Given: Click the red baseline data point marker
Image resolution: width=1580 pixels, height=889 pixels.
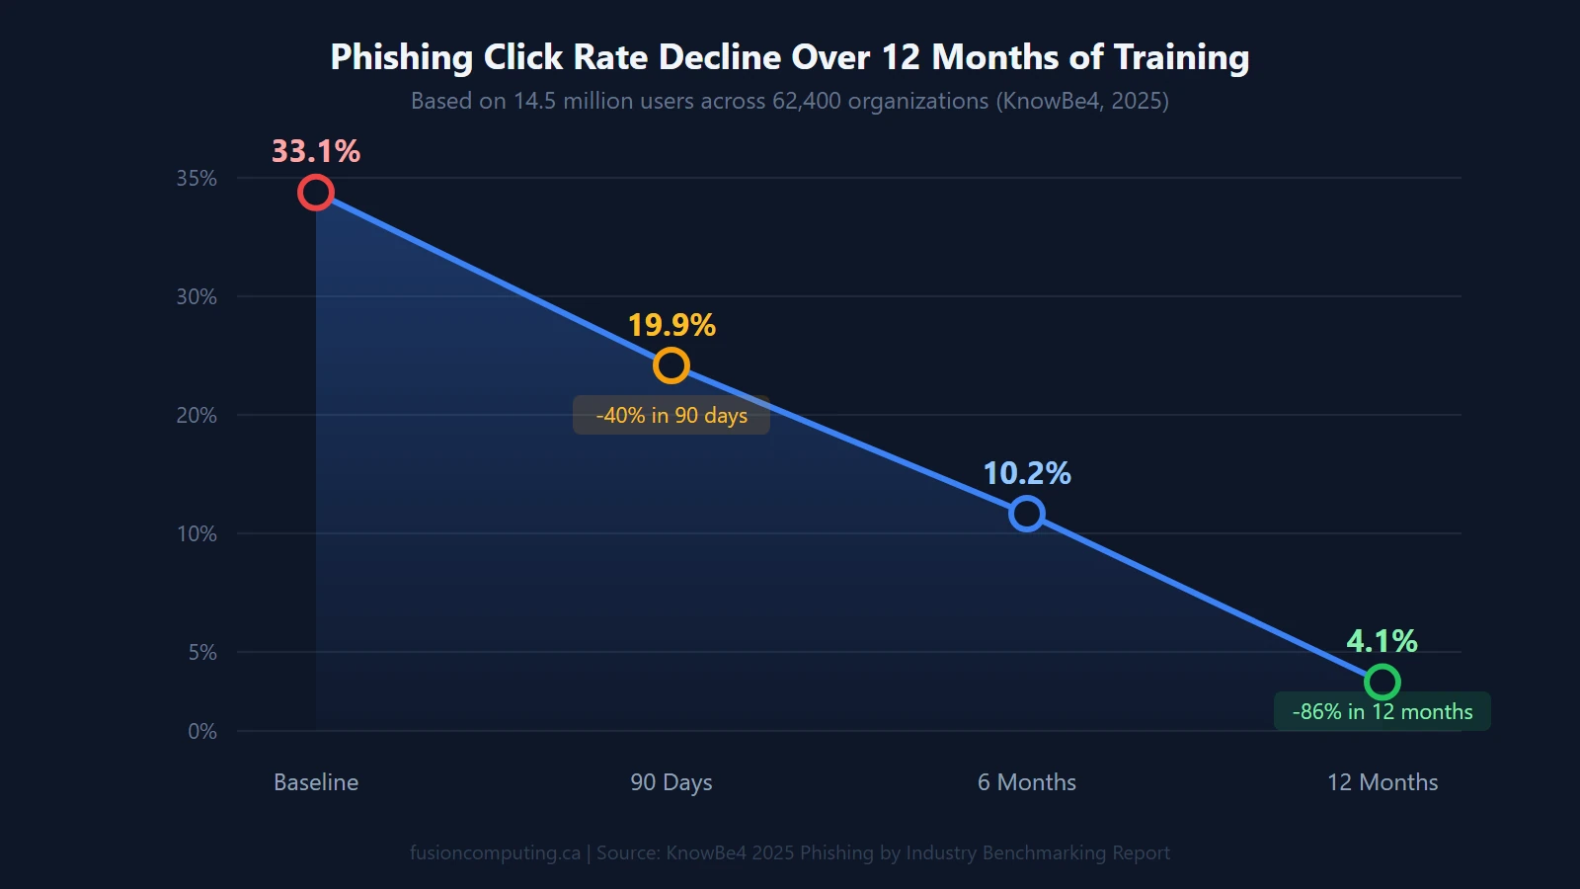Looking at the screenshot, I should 316,193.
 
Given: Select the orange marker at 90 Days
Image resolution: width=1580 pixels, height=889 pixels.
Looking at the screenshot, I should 671,365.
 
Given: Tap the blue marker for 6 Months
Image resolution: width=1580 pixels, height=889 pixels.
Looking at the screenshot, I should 1027,514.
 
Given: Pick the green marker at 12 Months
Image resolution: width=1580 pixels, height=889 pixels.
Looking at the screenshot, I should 1382,682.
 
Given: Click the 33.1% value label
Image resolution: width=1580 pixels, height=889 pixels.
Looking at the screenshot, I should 316,151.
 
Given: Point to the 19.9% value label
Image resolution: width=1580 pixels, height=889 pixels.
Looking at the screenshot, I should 671,325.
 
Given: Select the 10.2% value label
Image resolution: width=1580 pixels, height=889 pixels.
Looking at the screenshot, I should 1027,473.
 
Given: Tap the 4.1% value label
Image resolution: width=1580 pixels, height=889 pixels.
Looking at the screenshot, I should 1382,641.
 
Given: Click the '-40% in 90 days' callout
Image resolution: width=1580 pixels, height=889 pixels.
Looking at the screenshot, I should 671,415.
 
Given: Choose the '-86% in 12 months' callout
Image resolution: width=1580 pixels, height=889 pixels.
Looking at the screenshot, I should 1382,711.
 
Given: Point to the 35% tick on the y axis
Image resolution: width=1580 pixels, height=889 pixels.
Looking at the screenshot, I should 197,178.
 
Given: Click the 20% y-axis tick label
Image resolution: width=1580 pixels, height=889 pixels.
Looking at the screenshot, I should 197,415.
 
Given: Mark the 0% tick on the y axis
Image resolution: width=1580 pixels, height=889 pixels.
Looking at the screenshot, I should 202,731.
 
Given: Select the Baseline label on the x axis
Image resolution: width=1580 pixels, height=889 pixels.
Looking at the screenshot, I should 316,782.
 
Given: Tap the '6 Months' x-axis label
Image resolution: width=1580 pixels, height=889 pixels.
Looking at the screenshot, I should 1027,782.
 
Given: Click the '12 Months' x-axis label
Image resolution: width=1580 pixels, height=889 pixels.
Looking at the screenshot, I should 1382,782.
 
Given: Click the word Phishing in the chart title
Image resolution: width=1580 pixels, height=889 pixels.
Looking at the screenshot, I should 401,57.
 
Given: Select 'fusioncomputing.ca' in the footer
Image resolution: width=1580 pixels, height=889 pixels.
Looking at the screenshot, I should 495,852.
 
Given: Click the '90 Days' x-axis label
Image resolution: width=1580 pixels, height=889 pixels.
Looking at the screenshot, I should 671,782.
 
